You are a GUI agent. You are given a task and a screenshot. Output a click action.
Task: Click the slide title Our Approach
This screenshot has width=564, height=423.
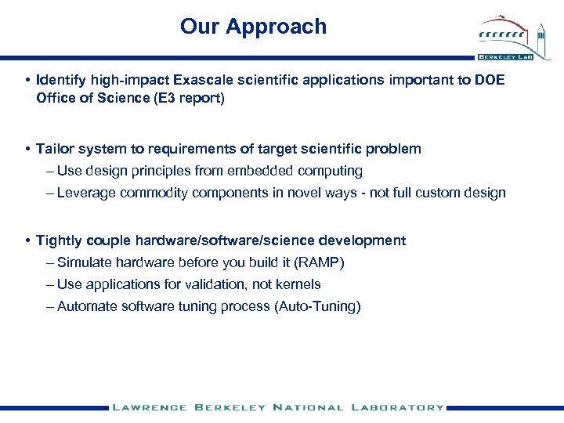click(253, 27)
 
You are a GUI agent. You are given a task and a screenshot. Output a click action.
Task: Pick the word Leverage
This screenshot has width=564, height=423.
click(86, 193)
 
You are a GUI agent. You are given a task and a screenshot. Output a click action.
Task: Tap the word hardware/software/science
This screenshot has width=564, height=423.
click(236, 240)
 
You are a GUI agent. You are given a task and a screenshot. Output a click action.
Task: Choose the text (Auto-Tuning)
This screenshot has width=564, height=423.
click(317, 306)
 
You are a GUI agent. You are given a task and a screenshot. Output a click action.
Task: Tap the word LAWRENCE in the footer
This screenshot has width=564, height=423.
click(150, 407)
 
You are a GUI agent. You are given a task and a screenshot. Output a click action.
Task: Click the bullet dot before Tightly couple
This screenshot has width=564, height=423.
click(27, 240)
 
